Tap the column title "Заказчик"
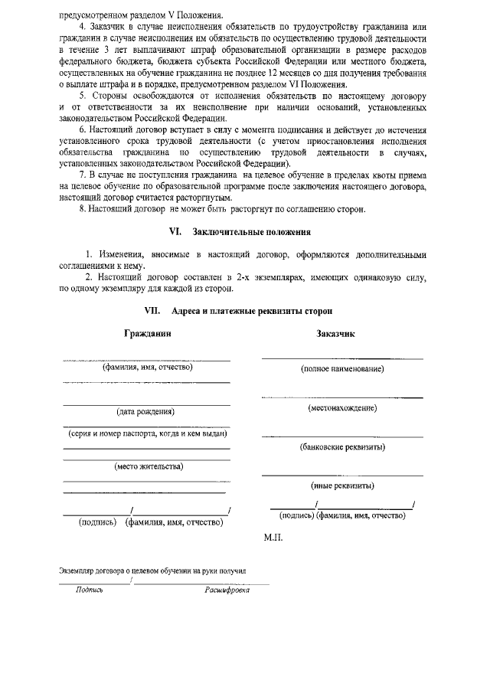click(335, 334)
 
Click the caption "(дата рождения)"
click(145, 412)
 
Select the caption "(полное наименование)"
click(342, 370)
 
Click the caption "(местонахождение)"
click(342, 408)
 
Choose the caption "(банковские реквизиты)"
click(342, 447)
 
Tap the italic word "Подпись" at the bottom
click(90, 591)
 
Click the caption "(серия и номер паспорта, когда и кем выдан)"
click(146, 434)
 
